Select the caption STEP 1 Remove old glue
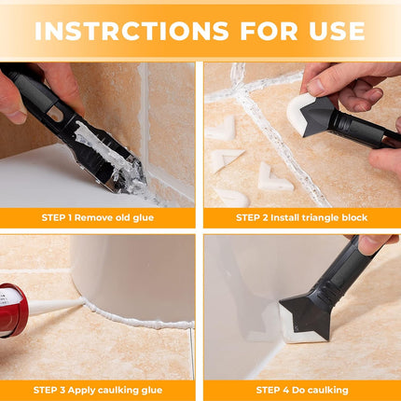[x=98, y=217]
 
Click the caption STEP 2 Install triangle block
[x=301, y=217]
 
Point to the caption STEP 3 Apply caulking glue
[x=98, y=390]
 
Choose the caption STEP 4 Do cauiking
[x=301, y=390]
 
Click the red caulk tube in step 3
[x=11, y=311]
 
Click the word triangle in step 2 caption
[x=317, y=217]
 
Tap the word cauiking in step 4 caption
[x=329, y=390]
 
